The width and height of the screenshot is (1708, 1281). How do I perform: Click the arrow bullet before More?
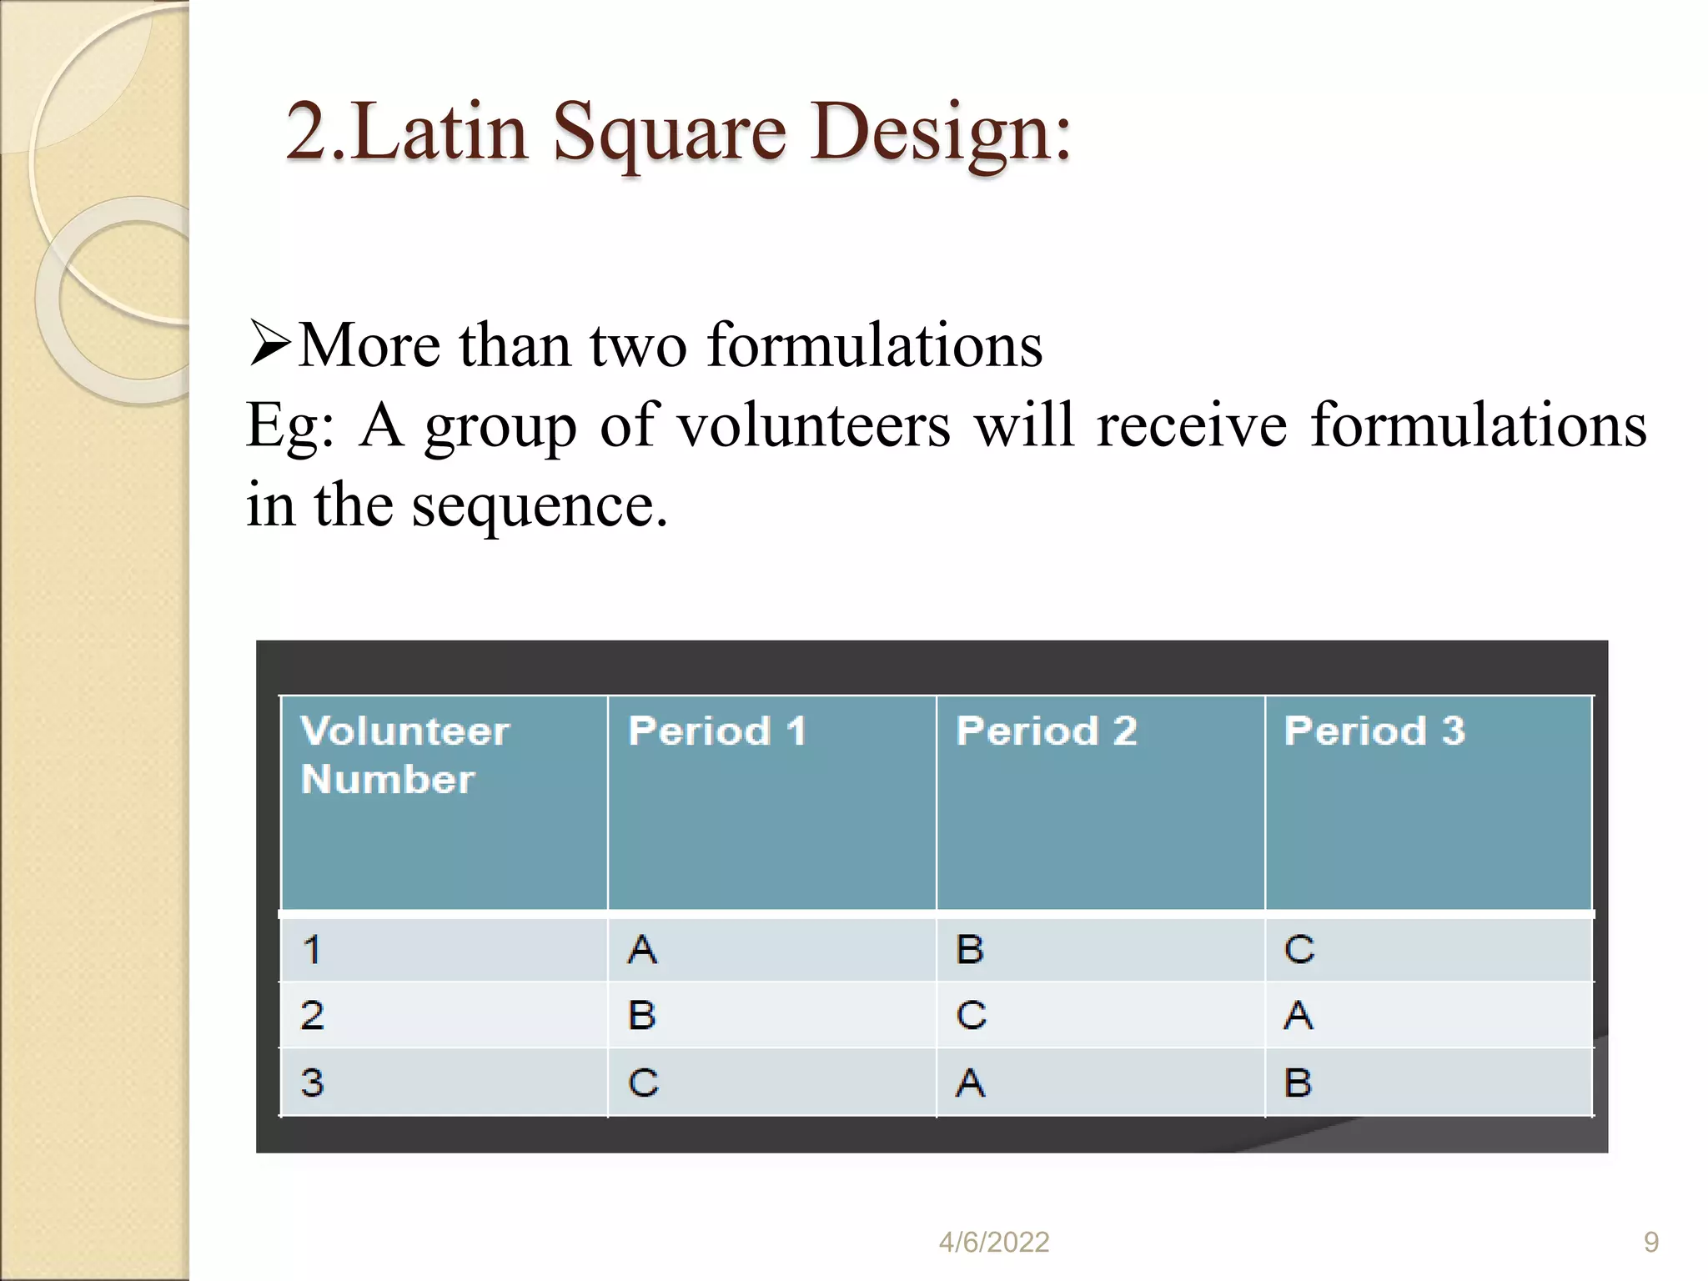click(269, 344)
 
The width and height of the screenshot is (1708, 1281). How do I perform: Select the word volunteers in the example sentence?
click(813, 425)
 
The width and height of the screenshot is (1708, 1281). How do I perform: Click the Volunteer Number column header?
click(405, 755)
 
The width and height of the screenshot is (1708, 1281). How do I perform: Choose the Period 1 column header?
click(717, 731)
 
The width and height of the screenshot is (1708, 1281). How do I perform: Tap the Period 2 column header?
click(1047, 731)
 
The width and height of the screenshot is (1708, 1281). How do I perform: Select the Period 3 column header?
click(1374, 731)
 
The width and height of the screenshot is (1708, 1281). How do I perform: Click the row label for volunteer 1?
click(312, 950)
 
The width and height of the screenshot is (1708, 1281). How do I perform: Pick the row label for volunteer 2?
click(312, 1016)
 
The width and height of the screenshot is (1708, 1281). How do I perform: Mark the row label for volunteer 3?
click(312, 1083)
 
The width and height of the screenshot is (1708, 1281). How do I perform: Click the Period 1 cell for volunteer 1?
click(642, 950)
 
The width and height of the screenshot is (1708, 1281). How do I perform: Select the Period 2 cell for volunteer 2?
click(971, 1016)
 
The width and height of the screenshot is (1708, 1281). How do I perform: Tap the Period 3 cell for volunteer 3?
click(1299, 1083)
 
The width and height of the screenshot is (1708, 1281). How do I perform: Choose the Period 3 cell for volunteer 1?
click(1299, 950)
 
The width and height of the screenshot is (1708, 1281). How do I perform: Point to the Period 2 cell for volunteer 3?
click(970, 1083)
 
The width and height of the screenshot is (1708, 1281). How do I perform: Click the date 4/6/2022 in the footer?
click(993, 1243)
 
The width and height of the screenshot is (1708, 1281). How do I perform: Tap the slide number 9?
click(1650, 1243)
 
